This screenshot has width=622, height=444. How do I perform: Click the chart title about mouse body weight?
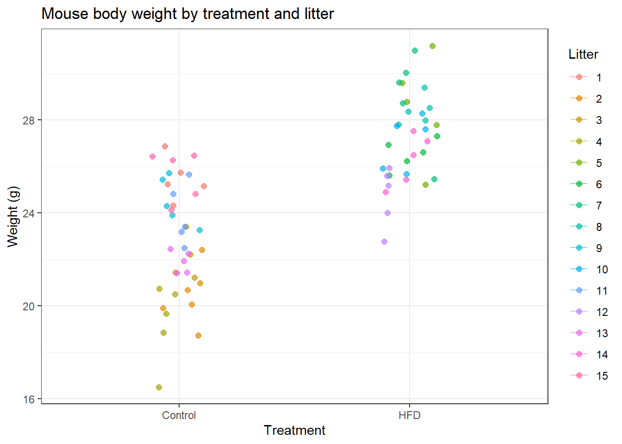[x=188, y=14]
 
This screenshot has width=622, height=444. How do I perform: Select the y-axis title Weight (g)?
[x=13, y=217]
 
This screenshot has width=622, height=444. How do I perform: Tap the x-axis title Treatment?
[x=294, y=431]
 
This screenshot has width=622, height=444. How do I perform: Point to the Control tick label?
[x=179, y=415]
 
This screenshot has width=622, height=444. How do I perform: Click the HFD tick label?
[x=409, y=415]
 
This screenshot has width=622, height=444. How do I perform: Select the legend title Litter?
[x=583, y=55]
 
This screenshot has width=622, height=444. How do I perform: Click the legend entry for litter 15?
[x=589, y=376]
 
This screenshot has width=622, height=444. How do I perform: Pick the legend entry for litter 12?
[x=589, y=312]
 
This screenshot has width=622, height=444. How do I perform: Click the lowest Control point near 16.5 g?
[x=159, y=387]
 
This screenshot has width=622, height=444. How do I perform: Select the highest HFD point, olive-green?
[x=432, y=46]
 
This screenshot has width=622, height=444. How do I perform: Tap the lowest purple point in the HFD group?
[x=384, y=242]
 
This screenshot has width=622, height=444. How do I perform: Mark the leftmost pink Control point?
[x=152, y=156]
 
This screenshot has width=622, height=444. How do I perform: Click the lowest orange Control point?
[x=198, y=335]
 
